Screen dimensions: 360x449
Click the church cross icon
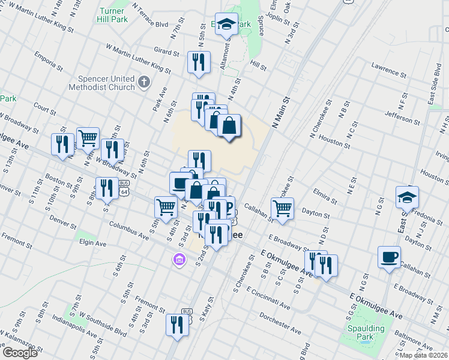[x=143, y=82]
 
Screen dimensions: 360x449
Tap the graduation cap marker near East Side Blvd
[x=407, y=197]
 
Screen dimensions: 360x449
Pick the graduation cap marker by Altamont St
[x=226, y=25]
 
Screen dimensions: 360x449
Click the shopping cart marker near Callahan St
[x=282, y=208]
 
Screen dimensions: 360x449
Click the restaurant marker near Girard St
[x=199, y=62]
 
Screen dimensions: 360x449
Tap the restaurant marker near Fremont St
[x=177, y=325]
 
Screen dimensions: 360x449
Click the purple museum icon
[x=178, y=260]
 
